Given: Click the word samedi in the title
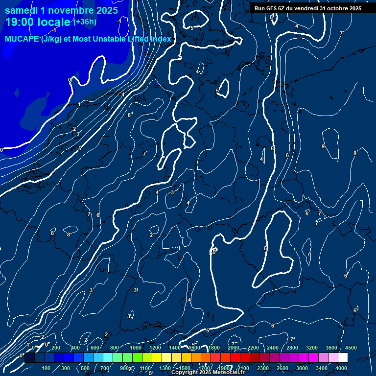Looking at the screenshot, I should pyautogui.click(x=23, y=10).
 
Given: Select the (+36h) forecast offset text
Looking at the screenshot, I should pyautogui.click(x=85, y=22).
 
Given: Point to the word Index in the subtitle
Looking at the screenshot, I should pyautogui.click(x=161, y=39).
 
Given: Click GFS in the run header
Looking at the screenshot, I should pyautogui.click(x=272, y=8).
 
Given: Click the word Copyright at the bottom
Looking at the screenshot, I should pyautogui.click(x=185, y=373).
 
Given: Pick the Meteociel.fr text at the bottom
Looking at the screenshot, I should pyautogui.click(x=228, y=373).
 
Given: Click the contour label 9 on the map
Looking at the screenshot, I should pyautogui.click(x=323, y=146).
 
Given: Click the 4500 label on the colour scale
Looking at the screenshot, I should pyautogui.click(x=351, y=348).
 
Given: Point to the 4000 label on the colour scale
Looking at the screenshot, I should pyautogui.click(x=341, y=368).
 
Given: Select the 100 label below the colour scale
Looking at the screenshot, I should pyautogui.click(x=47, y=368).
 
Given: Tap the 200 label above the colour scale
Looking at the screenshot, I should pyautogui.click(x=56, y=348).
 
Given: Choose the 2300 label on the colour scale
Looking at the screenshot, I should pyautogui.click(x=263, y=368).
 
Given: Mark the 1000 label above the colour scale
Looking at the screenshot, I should pyautogui.click(x=135, y=348).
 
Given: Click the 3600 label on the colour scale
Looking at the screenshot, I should pyautogui.click(x=331, y=348).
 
